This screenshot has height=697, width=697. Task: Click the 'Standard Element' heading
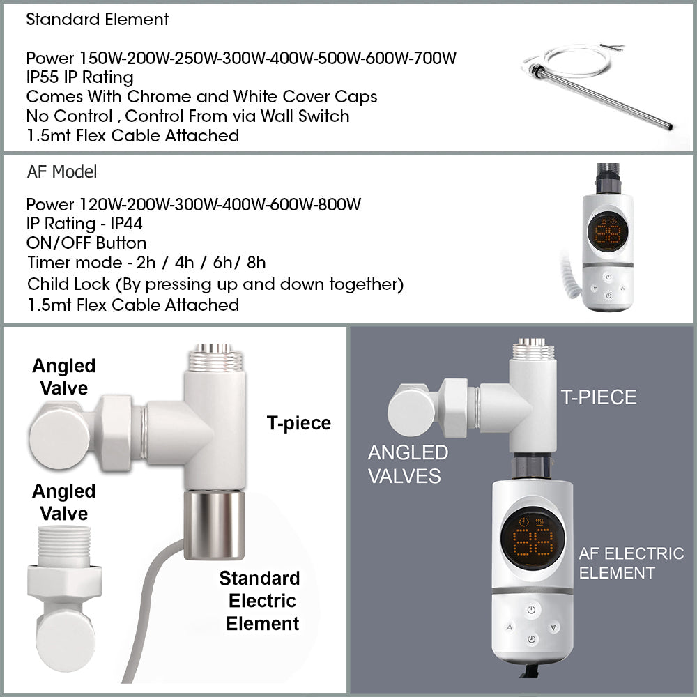pos(98,19)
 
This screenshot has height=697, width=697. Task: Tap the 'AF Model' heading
pos(62,171)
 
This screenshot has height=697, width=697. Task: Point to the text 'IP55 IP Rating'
pos(80,77)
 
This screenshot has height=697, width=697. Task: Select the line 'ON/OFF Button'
pos(86,243)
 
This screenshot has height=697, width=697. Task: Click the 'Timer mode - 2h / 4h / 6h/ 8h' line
pos(146,262)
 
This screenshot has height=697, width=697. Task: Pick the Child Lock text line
pos(215,284)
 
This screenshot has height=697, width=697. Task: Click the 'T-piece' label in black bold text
pos(299,423)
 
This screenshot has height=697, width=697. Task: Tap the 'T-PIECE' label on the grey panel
pos(599,397)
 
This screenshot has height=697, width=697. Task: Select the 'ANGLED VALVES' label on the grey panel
pos(408,464)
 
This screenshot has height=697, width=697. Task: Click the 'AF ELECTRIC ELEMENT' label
pos(631,562)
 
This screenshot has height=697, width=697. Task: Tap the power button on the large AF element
pos(531,609)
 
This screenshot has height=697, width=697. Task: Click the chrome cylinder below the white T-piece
pos(214,525)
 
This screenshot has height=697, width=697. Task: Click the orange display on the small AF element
pos(608,232)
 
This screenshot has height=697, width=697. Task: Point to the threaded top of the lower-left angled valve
pos(64,546)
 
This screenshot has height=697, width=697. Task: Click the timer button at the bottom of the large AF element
pos(532,639)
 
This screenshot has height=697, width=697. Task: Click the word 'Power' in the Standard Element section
pos(50,59)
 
